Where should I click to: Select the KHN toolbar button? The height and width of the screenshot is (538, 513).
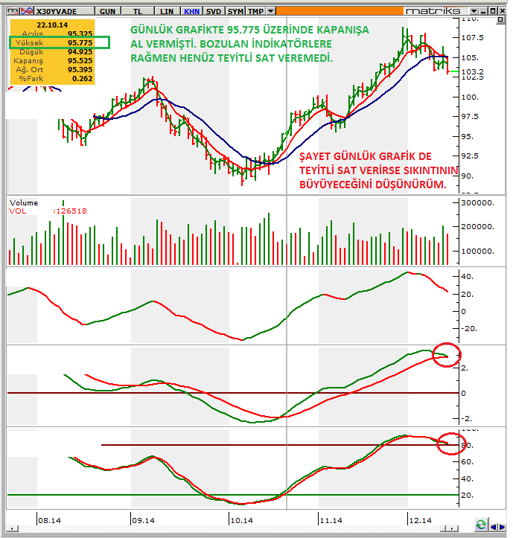tap(192, 12)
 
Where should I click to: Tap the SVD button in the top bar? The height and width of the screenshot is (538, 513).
tap(214, 12)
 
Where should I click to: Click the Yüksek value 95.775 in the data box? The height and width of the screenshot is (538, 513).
tap(80, 43)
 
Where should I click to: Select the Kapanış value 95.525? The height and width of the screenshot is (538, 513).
tap(80, 60)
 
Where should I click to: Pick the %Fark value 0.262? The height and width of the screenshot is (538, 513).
tap(83, 77)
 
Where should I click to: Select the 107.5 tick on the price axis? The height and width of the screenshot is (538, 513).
tap(474, 38)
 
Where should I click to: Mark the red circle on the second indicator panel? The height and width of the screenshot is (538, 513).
tap(447, 356)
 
